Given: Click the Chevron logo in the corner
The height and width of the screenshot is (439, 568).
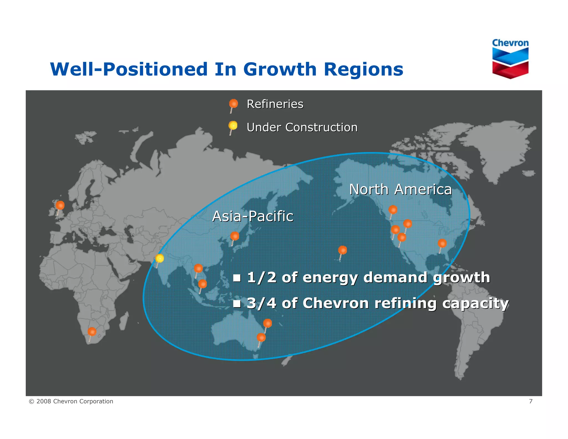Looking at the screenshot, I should point(510,59).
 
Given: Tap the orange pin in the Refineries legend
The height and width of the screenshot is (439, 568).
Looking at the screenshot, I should point(234,104).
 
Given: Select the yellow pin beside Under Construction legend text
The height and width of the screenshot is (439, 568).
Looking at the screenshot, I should point(233,126).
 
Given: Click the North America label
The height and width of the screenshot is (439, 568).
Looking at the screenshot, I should point(400,190).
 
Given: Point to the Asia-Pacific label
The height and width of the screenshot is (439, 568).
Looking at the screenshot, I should point(252,216).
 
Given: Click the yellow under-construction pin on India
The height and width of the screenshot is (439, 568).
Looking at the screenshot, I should point(159,259).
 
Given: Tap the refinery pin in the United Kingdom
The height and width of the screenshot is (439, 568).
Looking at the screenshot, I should point(60,206).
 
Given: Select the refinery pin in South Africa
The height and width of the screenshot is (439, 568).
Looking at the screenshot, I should point(92,332).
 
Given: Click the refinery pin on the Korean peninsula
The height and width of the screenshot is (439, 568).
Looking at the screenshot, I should point(235,236).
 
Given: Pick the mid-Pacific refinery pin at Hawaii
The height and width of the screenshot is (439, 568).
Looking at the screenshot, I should point(343,250).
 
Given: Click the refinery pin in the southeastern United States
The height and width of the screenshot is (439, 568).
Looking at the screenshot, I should point(442,244).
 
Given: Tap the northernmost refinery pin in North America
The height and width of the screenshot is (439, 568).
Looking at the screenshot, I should point(393,210).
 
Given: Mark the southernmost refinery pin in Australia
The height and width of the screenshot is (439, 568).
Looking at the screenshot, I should point(261,338).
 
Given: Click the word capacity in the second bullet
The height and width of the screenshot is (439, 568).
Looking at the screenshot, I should point(475,303).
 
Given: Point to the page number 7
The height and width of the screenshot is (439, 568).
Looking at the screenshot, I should point(531,401).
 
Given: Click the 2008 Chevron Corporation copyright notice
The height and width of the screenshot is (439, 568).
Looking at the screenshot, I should point(71,401).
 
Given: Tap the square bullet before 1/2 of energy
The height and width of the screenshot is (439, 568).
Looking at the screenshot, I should point(237,278).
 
